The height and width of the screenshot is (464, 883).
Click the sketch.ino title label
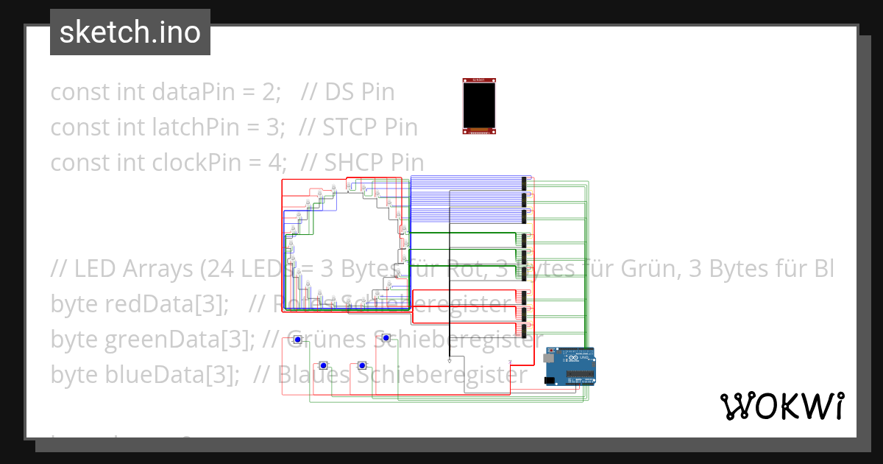(x=130, y=32)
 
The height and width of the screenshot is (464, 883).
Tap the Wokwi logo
(x=781, y=406)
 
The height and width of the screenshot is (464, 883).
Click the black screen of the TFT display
(x=479, y=105)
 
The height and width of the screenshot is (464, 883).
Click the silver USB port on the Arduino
(x=547, y=357)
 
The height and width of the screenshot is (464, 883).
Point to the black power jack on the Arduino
(x=549, y=380)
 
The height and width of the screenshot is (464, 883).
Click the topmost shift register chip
(x=525, y=181)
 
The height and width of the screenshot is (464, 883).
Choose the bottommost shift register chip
(x=525, y=328)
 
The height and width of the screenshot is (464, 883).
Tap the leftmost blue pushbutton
(x=297, y=340)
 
